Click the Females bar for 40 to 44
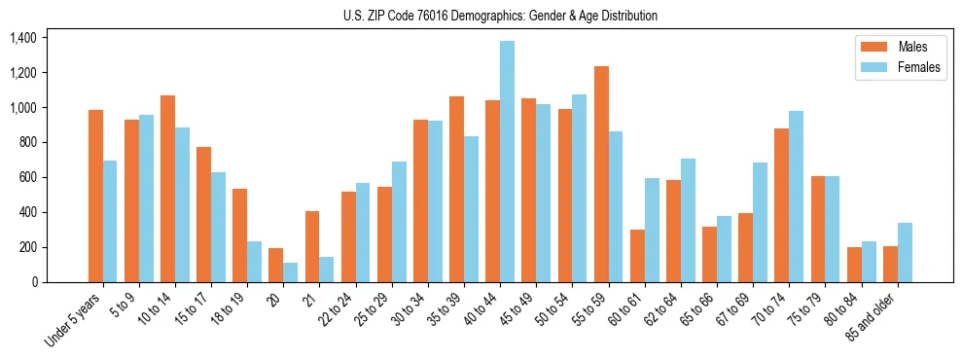[507, 162]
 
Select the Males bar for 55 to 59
[601, 174]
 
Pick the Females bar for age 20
[291, 272]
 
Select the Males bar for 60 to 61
[637, 256]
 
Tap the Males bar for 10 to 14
[167, 189]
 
